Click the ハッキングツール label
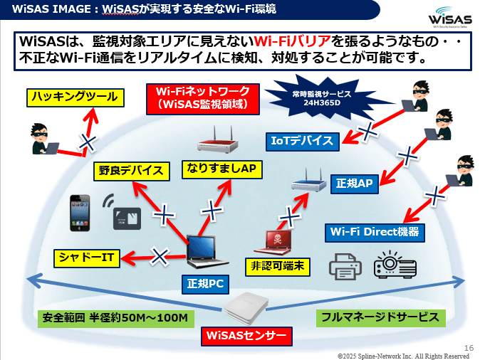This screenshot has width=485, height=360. (x=72, y=97)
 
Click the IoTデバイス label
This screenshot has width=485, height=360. (x=303, y=141)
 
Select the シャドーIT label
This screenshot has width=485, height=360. (x=88, y=257)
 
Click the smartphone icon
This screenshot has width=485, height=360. (x=80, y=212)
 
